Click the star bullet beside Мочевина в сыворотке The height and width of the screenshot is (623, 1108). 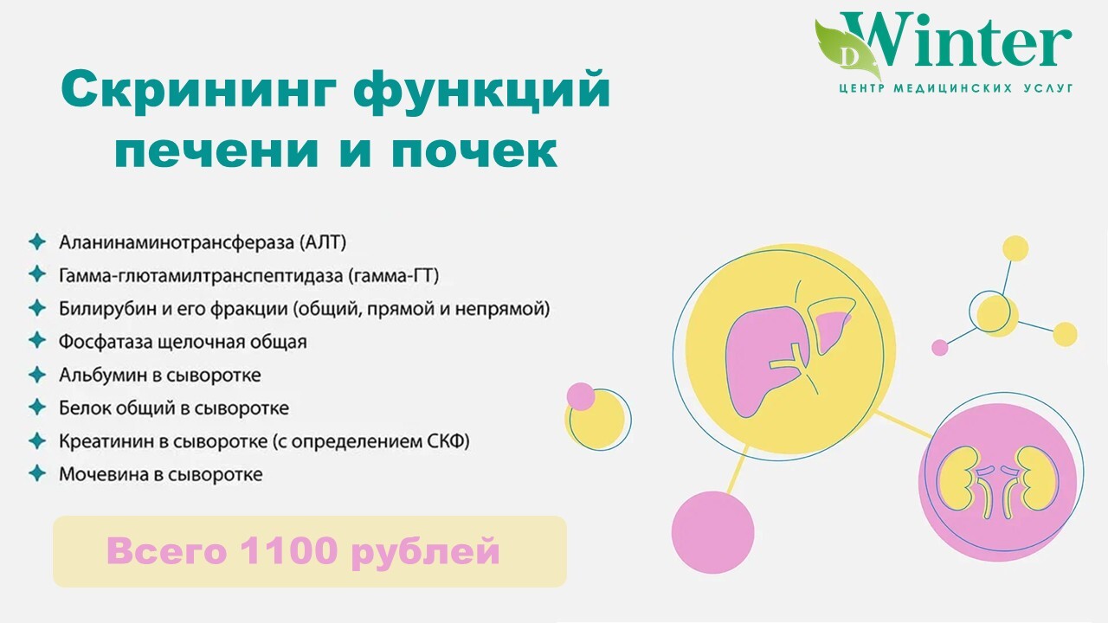click(x=37, y=473)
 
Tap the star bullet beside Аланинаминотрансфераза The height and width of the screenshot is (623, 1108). click(x=37, y=241)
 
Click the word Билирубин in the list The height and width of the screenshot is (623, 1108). click(x=108, y=309)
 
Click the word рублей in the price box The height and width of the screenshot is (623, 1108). click(x=425, y=553)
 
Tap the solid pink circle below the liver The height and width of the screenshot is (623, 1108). click(x=712, y=532)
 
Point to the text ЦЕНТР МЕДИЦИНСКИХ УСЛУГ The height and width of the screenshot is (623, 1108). click(x=957, y=88)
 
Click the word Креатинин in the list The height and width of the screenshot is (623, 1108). click(x=106, y=440)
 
